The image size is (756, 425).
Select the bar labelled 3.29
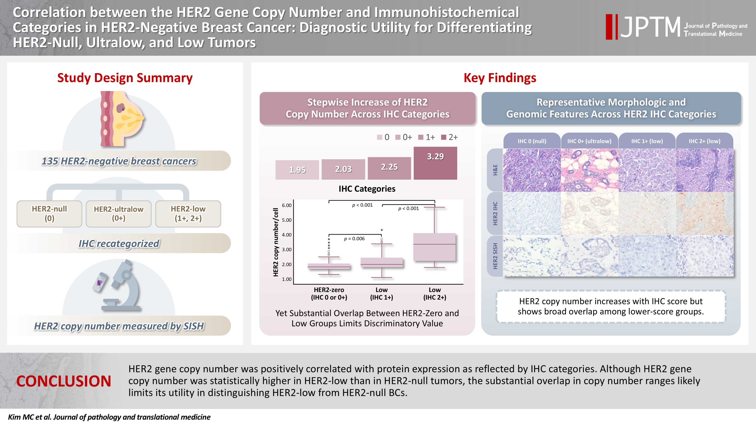(435, 163)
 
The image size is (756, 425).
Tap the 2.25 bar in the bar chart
(389, 168)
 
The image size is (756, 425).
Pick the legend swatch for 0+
(398, 137)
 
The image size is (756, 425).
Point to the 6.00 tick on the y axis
(287, 205)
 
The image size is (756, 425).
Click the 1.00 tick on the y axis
(287, 279)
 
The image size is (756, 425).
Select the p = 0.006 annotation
(354, 239)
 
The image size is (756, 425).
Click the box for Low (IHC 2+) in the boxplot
(434, 247)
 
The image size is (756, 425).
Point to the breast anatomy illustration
(122, 119)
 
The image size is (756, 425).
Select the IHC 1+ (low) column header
(647, 141)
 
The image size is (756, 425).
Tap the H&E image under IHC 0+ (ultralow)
(590, 170)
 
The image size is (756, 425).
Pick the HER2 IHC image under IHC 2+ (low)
(705, 214)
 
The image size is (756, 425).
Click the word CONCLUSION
(64, 381)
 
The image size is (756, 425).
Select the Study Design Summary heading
(125, 78)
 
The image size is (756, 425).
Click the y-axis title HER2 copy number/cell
(276, 242)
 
